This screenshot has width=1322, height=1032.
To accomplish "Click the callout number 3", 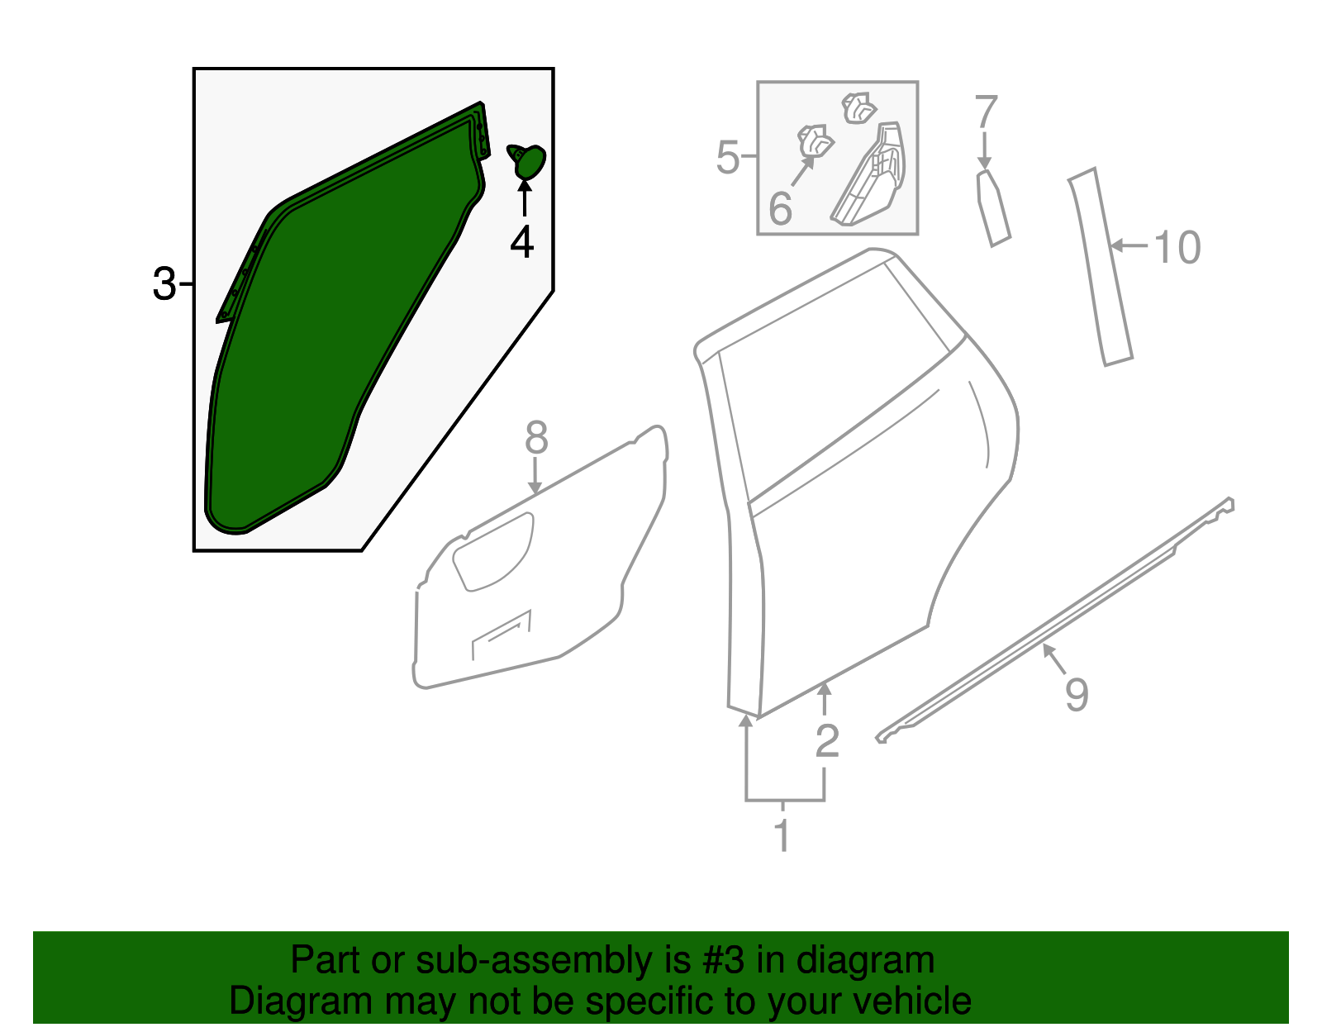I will [x=164, y=284].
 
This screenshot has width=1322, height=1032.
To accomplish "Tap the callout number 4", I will [x=522, y=242].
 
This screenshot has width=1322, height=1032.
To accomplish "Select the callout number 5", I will [x=727, y=157].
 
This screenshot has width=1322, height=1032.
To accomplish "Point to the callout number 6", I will [x=780, y=208].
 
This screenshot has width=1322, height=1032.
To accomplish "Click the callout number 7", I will [x=986, y=112].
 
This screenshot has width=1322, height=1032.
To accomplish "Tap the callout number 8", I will [x=536, y=438].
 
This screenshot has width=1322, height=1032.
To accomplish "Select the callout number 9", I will [x=1076, y=693].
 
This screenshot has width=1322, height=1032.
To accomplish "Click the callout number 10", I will [x=1177, y=247].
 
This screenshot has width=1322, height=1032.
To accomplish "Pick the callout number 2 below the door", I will [x=826, y=740].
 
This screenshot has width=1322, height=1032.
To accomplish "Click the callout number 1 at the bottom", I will [x=782, y=836].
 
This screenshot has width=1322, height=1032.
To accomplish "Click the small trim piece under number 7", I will [x=992, y=208].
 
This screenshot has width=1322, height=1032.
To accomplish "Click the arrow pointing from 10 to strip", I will [x=1129, y=245].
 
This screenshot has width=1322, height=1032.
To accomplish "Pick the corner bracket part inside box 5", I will [x=872, y=178].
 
